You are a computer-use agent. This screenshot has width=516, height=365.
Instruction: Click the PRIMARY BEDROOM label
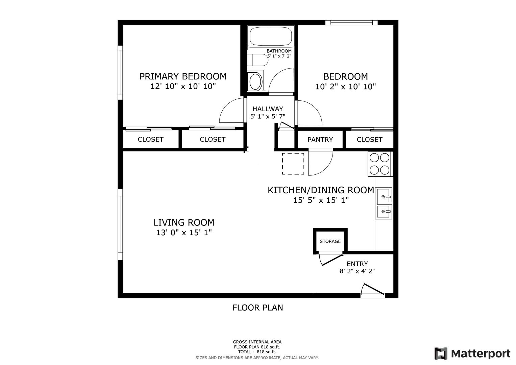point(183,76)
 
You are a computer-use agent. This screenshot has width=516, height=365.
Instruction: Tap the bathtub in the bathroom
point(271,36)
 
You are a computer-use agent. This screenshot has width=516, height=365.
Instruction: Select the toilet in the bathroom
point(257,60)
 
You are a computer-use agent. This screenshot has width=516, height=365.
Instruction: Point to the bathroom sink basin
point(255,81)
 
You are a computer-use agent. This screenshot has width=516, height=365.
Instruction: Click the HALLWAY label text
point(268,109)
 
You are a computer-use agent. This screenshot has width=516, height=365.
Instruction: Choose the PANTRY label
point(320,139)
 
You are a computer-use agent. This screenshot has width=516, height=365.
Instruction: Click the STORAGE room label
point(330,241)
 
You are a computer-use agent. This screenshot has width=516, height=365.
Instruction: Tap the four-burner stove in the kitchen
point(379,164)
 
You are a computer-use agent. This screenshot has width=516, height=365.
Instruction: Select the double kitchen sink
point(384,203)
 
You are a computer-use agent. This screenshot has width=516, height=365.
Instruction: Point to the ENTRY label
point(357,264)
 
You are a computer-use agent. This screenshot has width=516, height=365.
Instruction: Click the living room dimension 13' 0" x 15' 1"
point(184,233)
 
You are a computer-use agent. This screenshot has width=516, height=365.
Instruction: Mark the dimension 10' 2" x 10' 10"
point(346,87)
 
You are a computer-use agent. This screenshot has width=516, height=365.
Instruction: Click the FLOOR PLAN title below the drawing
point(257,308)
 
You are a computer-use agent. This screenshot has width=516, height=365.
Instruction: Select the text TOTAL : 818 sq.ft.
point(257,352)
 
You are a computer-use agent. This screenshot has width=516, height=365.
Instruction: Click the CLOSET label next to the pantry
point(369,139)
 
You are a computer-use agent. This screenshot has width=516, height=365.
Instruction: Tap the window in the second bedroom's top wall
point(351,23)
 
